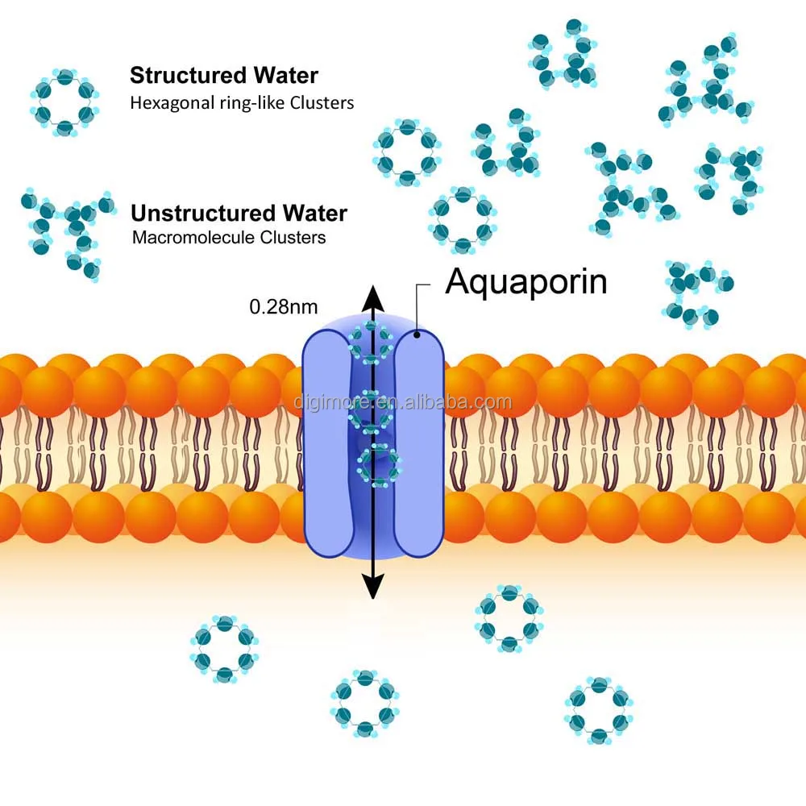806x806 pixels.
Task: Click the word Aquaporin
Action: tap(526, 281)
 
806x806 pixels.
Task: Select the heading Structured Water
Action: tap(224, 77)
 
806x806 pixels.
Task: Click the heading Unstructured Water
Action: tap(239, 214)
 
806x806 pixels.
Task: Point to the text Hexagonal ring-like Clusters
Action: tap(242, 103)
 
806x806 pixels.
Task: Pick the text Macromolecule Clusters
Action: tap(228, 238)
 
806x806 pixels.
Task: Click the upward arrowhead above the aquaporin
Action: tap(372, 297)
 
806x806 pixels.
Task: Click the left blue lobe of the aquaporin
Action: tap(326, 443)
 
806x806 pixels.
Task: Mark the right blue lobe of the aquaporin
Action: tap(419, 443)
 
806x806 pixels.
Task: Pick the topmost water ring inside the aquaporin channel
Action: tap(370, 338)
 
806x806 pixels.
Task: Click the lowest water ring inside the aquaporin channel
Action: tap(379, 466)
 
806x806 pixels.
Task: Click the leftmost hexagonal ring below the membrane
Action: tap(225, 649)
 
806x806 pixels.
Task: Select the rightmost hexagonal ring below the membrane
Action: tap(598, 710)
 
